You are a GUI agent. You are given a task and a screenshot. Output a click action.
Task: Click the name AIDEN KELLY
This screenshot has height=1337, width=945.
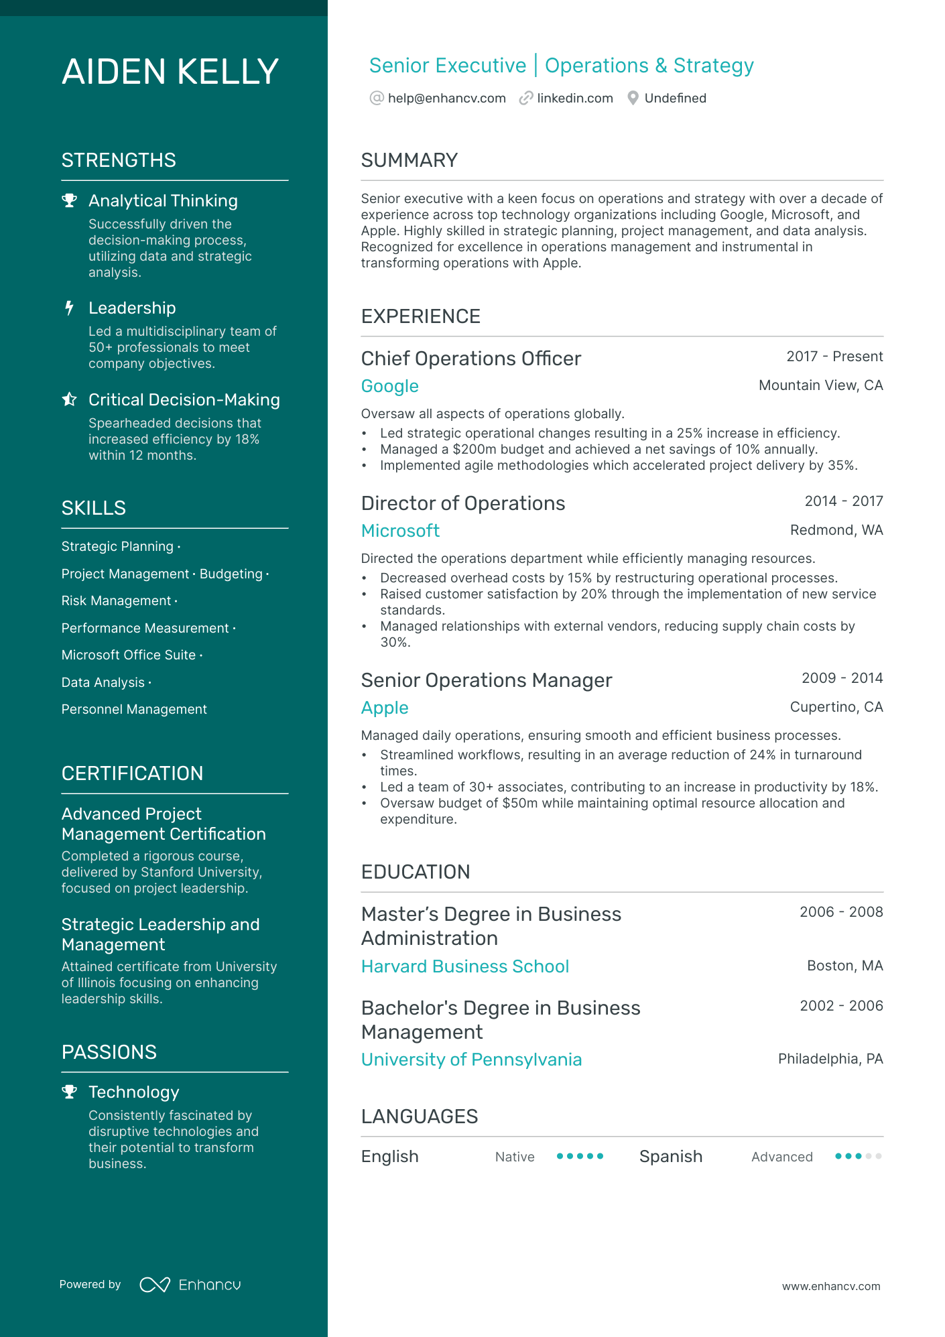pyautogui.click(x=170, y=72)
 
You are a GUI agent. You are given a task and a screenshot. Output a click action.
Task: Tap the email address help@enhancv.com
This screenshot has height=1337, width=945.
pyautogui.click(x=446, y=99)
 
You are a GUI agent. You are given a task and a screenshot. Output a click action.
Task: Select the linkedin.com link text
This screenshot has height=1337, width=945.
pyautogui.click(x=574, y=99)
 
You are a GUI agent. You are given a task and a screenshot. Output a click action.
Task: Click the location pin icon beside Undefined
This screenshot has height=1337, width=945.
pyautogui.click(x=633, y=99)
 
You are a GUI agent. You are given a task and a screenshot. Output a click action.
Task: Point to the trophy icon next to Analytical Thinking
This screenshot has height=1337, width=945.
pyautogui.click(x=69, y=200)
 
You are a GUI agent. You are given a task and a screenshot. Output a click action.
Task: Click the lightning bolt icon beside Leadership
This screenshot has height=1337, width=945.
pyautogui.click(x=69, y=308)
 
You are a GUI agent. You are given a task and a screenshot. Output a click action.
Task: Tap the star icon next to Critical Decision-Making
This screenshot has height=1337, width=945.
pyautogui.click(x=69, y=399)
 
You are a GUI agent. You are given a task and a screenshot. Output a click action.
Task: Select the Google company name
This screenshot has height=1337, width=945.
pyautogui.click(x=389, y=386)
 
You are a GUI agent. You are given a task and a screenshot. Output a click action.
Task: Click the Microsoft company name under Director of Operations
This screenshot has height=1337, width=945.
pyautogui.click(x=400, y=531)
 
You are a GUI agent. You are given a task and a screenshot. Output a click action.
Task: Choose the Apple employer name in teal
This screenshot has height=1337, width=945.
pyautogui.click(x=385, y=708)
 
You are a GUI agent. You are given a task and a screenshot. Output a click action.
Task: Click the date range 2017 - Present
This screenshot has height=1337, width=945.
pyautogui.click(x=834, y=357)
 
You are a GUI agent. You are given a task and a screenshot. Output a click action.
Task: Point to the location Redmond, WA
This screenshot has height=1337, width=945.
pyautogui.click(x=836, y=530)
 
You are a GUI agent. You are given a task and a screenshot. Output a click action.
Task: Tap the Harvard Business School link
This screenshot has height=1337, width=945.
pyautogui.click(x=465, y=966)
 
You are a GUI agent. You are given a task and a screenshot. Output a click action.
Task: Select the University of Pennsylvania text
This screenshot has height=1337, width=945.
pyautogui.click(x=471, y=1060)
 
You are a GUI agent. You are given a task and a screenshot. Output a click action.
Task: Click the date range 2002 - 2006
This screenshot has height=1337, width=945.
pyautogui.click(x=841, y=1006)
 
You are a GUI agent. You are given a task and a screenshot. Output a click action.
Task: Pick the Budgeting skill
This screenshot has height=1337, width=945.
pyautogui.click(x=231, y=574)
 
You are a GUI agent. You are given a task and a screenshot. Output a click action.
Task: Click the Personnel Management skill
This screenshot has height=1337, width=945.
pyautogui.click(x=134, y=710)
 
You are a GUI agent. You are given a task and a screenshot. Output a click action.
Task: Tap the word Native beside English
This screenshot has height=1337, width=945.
pyautogui.click(x=515, y=1157)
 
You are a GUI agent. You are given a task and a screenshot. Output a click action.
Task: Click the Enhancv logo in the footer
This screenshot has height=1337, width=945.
pyautogui.click(x=190, y=1285)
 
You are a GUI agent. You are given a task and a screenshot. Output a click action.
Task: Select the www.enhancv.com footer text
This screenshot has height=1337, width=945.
pyautogui.click(x=831, y=1287)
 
